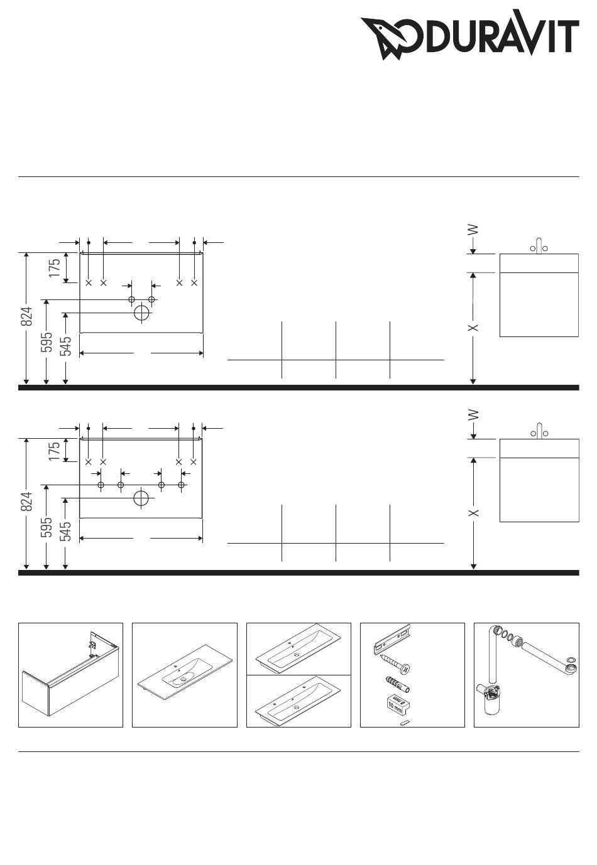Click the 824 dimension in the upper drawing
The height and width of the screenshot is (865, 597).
26,316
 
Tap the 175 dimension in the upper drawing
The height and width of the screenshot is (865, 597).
55,268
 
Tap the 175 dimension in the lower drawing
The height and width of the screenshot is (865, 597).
55,451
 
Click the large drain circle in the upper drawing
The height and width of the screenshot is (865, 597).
142,313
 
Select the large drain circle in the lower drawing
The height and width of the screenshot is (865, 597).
141,498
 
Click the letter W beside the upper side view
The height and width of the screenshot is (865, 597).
474,230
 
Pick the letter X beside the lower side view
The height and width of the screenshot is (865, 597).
474,513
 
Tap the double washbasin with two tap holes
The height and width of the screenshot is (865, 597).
298,702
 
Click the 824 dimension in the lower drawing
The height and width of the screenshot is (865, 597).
26,502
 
